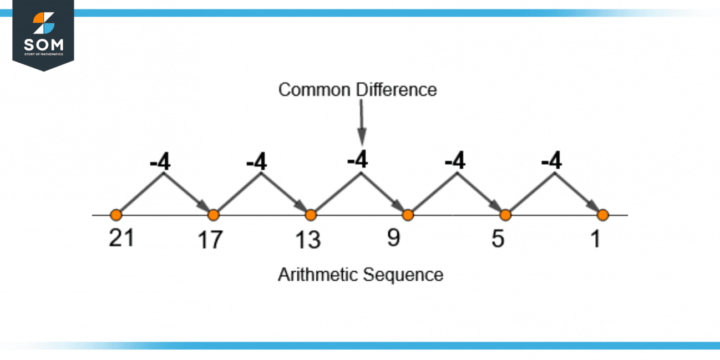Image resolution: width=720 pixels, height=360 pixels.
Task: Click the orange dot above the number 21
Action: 116,215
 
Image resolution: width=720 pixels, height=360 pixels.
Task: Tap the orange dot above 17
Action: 214,215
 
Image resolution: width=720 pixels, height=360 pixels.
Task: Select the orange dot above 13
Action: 311,215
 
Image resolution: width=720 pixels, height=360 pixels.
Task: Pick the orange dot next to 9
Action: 408,215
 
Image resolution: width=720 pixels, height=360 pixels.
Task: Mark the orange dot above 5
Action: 505,215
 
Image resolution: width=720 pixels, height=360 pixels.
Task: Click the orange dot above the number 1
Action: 602,215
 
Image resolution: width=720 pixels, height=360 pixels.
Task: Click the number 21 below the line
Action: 121,238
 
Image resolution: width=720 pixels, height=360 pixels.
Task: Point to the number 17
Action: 210,240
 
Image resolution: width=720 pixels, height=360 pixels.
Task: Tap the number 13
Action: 308,240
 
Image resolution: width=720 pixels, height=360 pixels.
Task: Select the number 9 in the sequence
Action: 393,238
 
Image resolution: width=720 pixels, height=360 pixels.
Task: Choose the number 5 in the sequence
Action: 498,239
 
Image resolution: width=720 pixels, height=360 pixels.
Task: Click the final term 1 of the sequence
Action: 596,239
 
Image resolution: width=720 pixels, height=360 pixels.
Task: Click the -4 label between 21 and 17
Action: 160,161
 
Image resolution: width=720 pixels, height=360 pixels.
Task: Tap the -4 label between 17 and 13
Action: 256,161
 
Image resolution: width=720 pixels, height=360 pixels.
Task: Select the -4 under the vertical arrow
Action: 357,159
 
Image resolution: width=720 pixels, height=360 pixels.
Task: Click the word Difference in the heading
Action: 397,89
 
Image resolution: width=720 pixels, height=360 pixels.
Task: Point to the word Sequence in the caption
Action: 403,275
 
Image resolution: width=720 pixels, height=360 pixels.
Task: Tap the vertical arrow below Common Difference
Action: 362,123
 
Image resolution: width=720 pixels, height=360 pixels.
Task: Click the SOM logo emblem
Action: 44,23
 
